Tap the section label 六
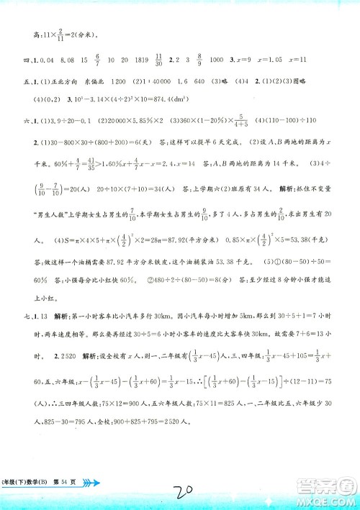(x=28, y=122)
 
